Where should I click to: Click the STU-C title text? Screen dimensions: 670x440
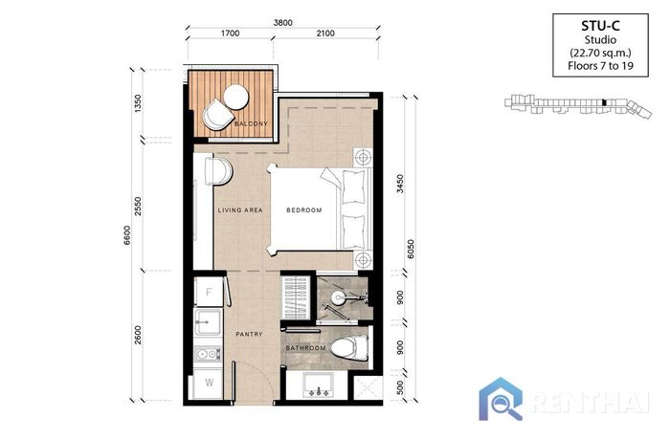[600, 26]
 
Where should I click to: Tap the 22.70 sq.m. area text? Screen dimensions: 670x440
[600, 53]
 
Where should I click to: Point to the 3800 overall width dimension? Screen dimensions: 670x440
[283, 23]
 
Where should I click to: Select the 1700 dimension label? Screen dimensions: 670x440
[231, 33]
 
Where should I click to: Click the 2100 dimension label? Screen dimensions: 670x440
[325, 33]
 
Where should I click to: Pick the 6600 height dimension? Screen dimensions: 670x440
[127, 235]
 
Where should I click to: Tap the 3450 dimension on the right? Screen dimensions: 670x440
[400, 184]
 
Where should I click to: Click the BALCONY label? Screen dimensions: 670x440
[251, 124]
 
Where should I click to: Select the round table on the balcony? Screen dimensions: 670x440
[235, 97]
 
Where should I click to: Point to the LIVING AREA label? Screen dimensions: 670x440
[240, 210]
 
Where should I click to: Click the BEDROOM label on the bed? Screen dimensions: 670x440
[304, 210]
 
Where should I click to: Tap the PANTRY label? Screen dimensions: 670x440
[249, 334]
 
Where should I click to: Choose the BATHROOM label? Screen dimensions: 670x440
[306, 348]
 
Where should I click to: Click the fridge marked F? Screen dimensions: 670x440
[209, 292]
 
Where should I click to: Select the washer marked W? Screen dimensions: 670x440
[209, 383]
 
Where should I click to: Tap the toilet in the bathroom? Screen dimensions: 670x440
[349, 348]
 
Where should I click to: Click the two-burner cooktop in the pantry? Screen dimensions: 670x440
[208, 354]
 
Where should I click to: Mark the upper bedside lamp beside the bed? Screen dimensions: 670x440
[363, 157]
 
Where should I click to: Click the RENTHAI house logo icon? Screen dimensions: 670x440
[501, 399]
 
